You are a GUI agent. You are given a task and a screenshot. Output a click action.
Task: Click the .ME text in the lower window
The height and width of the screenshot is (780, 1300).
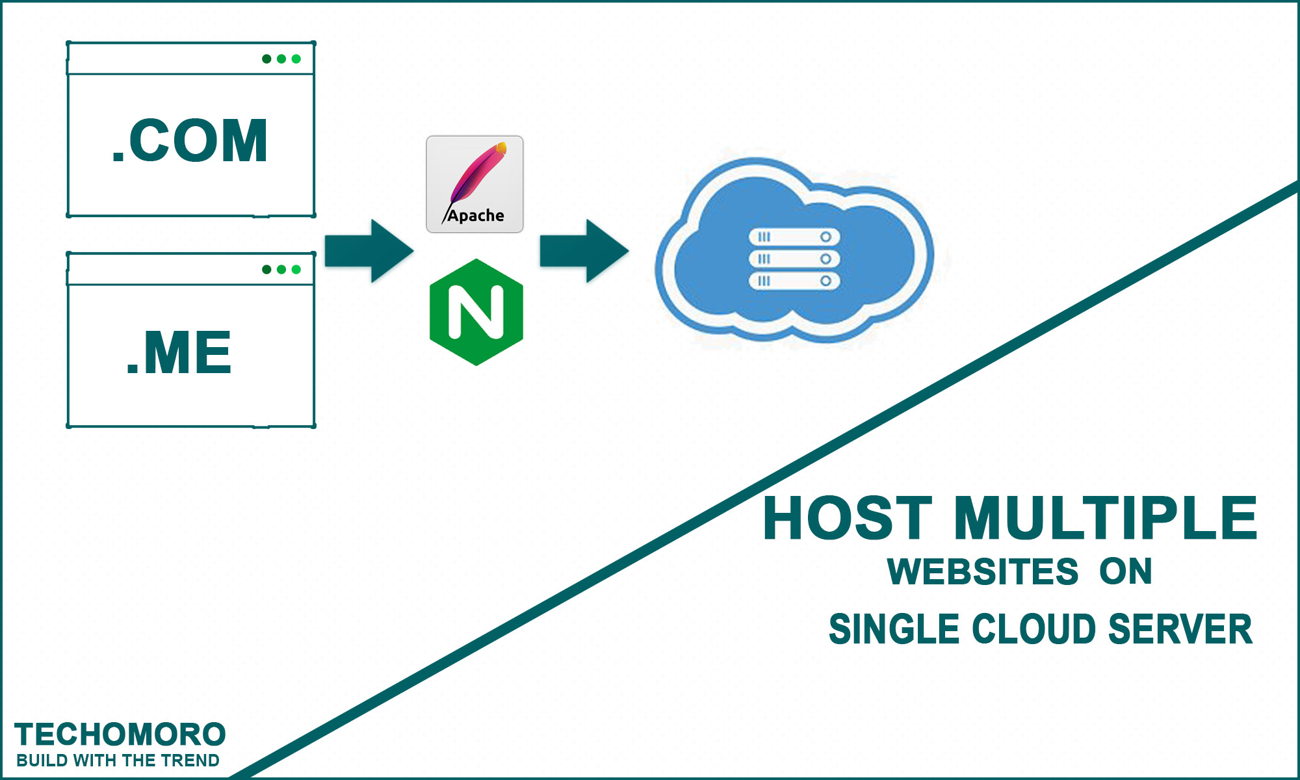point(179,352)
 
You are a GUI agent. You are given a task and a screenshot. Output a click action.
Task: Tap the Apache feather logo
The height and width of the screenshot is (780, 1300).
point(474,184)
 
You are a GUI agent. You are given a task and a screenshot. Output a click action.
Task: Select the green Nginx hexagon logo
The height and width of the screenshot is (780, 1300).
point(476,312)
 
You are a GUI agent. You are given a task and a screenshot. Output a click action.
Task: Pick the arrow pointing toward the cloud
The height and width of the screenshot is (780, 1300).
point(584,251)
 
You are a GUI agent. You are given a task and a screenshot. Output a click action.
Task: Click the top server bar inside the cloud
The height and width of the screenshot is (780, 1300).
point(794,237)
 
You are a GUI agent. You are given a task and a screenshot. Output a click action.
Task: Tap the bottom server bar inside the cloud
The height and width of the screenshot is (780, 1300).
point(794,281)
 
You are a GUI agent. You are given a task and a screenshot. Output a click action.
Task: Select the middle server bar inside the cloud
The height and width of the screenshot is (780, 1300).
point(794,259)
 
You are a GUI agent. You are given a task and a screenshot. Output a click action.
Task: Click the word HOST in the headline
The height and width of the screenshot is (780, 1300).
point(848,518)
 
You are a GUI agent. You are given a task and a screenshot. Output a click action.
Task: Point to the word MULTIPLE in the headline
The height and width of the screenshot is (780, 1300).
point(1105,518)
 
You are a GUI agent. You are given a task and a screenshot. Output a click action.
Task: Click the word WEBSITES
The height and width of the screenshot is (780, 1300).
point(983,572)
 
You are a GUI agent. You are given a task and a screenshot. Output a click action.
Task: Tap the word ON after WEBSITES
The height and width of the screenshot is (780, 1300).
point(1126,572)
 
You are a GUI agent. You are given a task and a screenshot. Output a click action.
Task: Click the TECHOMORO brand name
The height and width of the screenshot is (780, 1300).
point(120,734)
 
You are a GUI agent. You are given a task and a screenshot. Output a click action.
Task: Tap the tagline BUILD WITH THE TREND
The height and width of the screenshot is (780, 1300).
point(118,760)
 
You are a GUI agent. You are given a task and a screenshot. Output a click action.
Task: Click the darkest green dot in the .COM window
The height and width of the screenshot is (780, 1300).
point(266,59)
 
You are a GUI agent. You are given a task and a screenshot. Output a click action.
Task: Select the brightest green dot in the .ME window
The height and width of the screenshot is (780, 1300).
point(296,269)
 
